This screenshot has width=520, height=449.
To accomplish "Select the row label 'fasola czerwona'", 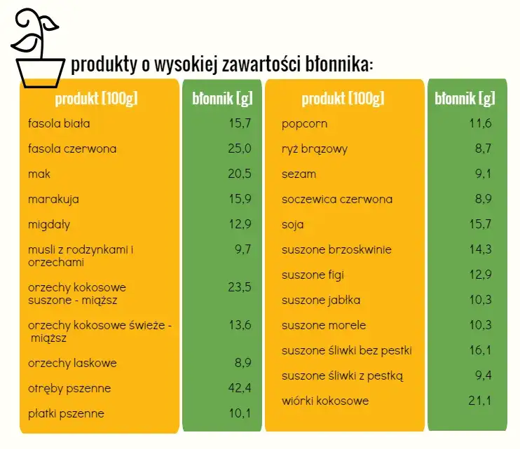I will click(72, 149).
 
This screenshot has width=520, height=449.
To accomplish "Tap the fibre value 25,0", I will click(238, 149).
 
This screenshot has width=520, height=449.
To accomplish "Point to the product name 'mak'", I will click(39, 174).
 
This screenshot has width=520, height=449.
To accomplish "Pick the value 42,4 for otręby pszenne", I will click(238, 389).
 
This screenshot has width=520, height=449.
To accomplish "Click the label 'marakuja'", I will click(53, 200).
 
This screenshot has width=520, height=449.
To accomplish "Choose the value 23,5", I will click(238, 287).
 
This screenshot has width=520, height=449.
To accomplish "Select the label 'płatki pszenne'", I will click(66, 414).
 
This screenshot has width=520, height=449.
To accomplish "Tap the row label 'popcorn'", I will click(304, 125).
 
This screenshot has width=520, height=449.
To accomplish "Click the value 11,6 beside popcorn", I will click(480, 125).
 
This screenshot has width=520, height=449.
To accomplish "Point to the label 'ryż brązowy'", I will click(315, 149).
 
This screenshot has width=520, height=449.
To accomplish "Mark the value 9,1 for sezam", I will click(483, 174).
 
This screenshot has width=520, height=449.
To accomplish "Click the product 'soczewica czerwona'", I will click(337, 200).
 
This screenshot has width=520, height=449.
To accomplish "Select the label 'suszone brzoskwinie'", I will click(336, 250).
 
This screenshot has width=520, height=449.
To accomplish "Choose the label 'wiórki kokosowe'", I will click(325, 401).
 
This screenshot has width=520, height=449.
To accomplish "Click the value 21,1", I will click(480, 401).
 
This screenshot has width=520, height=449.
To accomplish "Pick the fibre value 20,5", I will click(238, 174).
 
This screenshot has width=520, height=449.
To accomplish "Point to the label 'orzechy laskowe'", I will click(72, 364).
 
